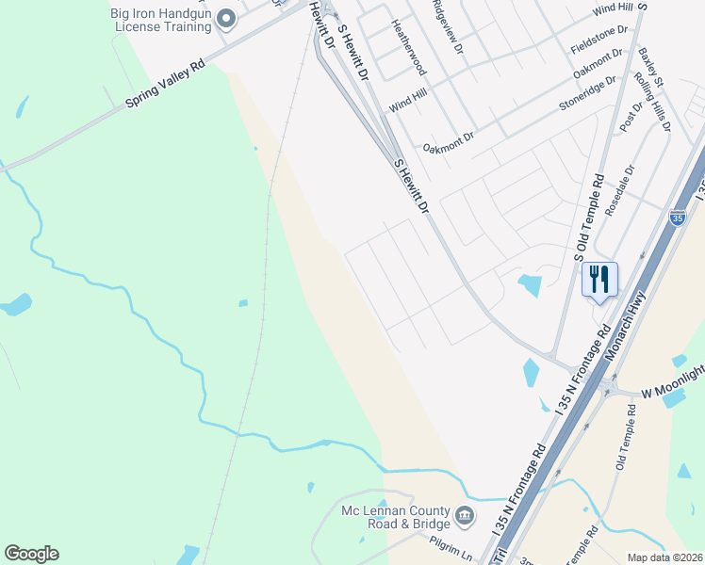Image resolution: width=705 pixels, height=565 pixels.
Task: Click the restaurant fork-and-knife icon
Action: coord(599,280)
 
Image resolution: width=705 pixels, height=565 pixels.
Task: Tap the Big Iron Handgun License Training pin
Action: coord(226,19)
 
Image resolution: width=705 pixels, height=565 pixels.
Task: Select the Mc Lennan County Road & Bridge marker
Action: coord(464,515)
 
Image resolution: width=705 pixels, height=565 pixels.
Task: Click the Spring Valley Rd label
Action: coord(166,86)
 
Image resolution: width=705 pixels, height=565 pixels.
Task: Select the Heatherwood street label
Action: coord(412,50)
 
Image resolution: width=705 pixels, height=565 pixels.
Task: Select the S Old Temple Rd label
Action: coord(589,218)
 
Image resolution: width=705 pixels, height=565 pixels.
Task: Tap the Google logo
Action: coord(31,554)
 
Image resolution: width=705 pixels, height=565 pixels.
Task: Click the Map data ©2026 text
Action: coord(665,557)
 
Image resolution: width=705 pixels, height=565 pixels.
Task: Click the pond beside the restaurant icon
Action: coord(530,283)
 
